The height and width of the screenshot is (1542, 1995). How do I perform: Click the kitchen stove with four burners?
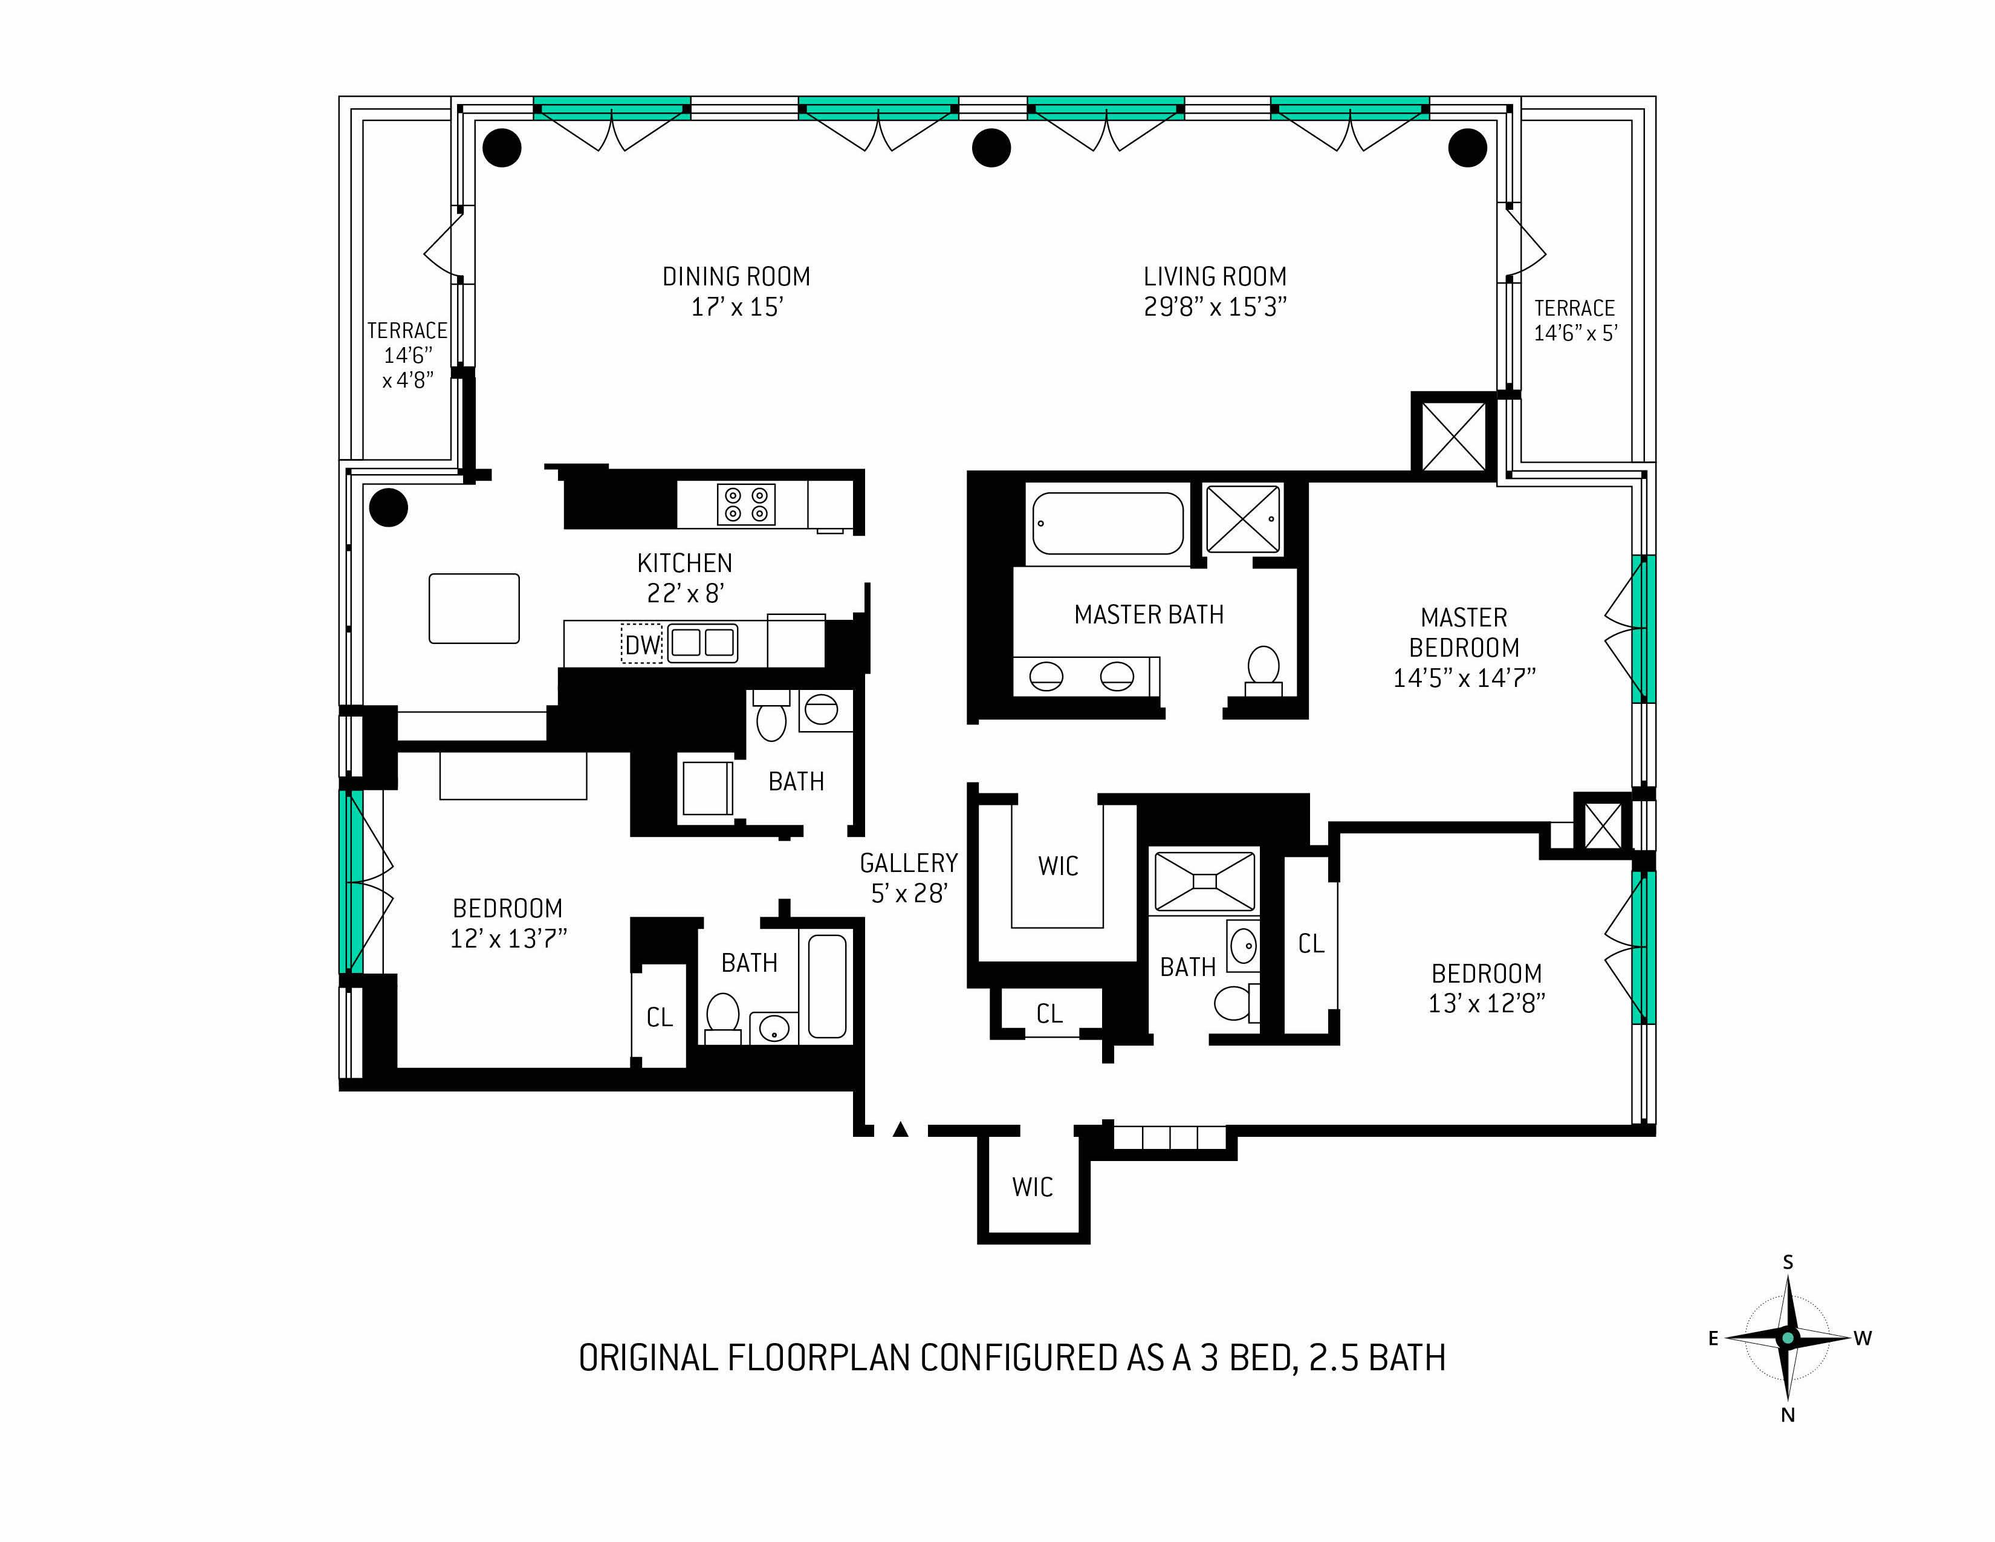pyautogui.click(x=745, y=504)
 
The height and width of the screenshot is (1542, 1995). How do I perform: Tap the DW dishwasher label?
pyautogui.click(x=642, y=645)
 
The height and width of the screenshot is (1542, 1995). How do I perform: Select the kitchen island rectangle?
pyautogui.click(x=474, y=608)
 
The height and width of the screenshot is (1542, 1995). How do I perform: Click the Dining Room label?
pyautogui.click(x=736, y=277)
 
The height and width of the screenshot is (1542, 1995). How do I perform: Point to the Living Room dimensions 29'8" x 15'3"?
pyautogui.click(x=1215, y=307)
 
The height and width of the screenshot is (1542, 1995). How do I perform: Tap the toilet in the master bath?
pyautogui.click(x=1264, y=669)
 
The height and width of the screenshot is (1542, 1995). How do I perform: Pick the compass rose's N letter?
pyautogui.click(x=1788, y=1415)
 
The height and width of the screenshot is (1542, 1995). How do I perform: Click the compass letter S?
pyautogui.click(x=1788, y=1263)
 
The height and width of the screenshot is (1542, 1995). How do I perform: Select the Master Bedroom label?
pyautogui.click(x=1464, y=632)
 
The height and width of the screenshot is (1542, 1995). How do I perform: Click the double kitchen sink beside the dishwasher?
pyautogui.click(x=702, y=643)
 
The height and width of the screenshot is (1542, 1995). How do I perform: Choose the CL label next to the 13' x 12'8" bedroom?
pyautogui.click(x=1311, y=944)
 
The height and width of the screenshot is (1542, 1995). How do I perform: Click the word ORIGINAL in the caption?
pyautogui.click(x=647, y=1358)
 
